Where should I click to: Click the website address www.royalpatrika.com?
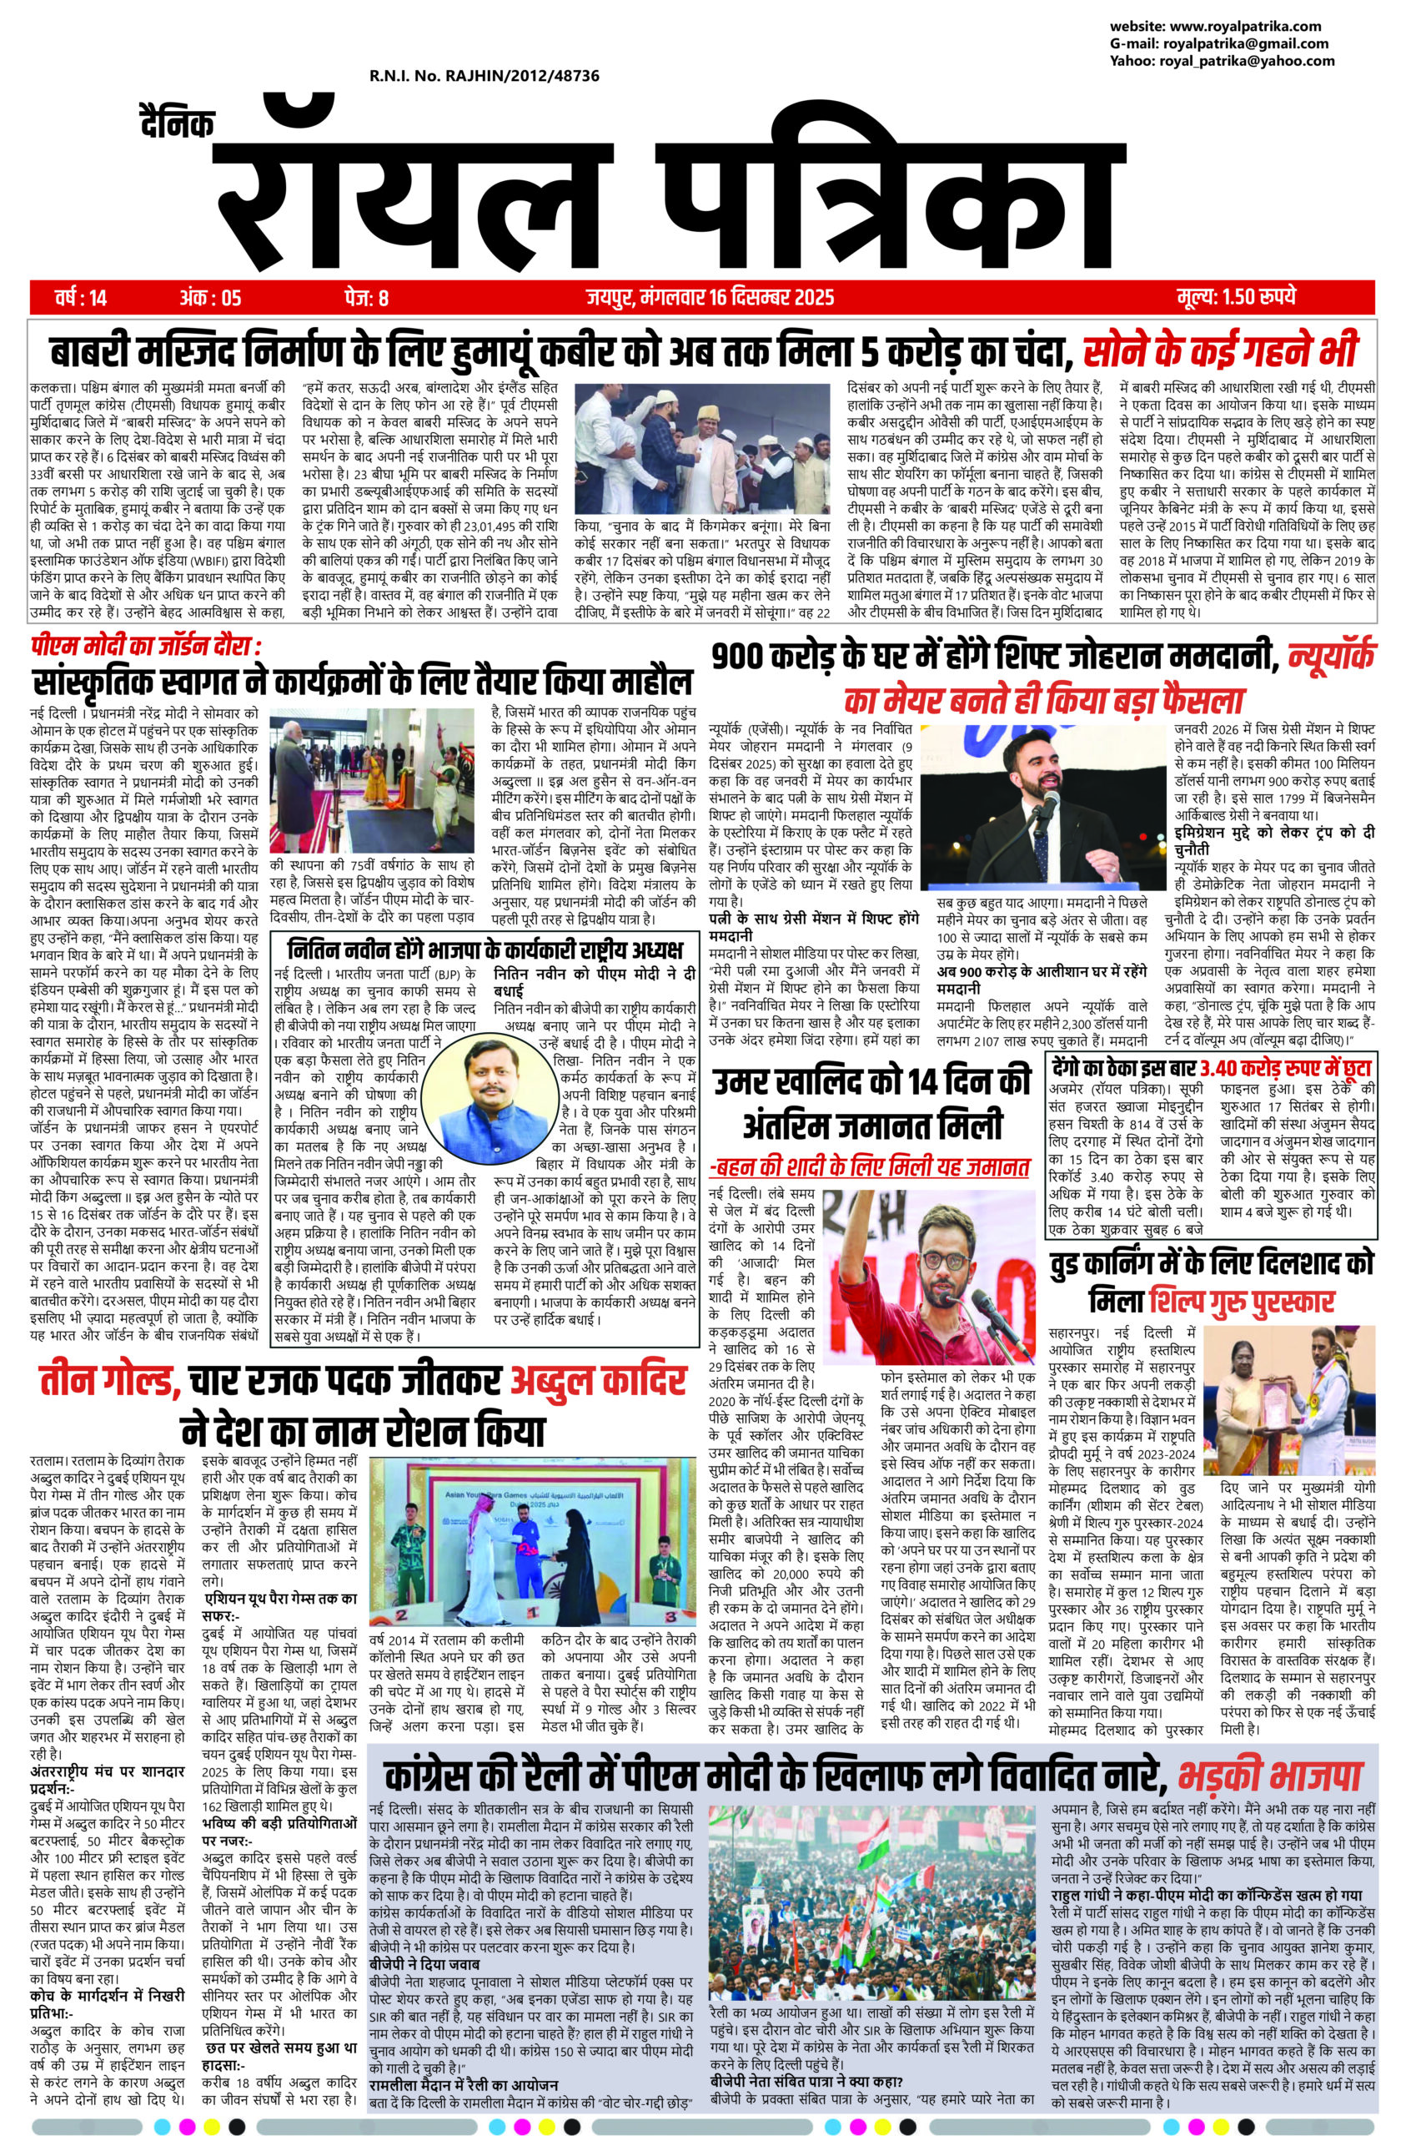point(1244,26)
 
